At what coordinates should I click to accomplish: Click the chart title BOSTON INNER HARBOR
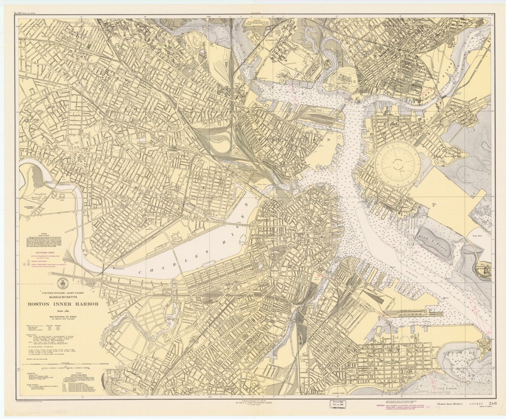pos(63,304)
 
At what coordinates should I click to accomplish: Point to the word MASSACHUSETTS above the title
pos(63,296)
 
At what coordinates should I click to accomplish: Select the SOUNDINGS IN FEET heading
pos(63,317)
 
